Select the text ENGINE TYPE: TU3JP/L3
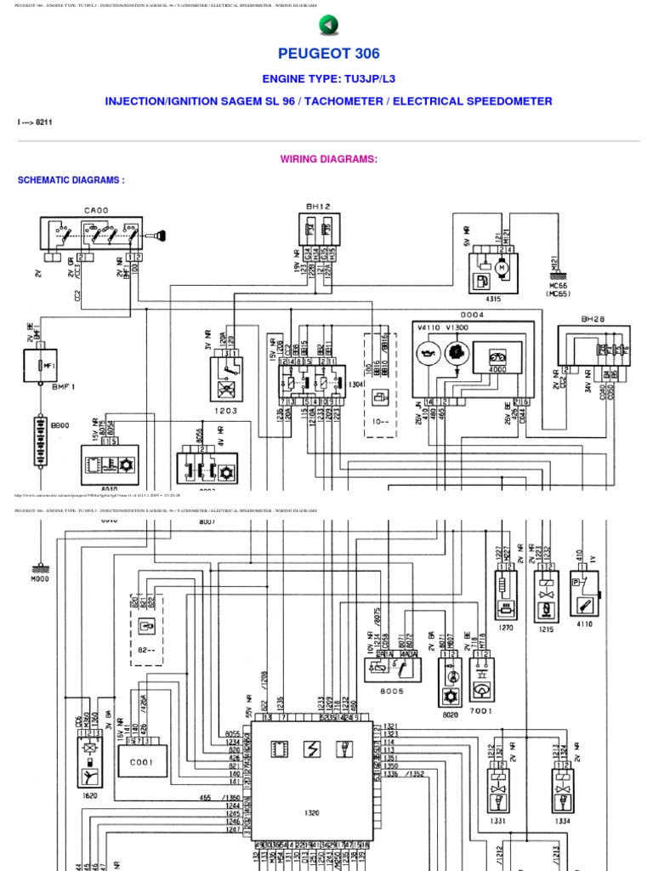[327, 79]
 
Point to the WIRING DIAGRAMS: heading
[328, 159]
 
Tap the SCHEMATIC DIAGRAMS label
[71, 180]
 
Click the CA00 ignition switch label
[95, 209]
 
